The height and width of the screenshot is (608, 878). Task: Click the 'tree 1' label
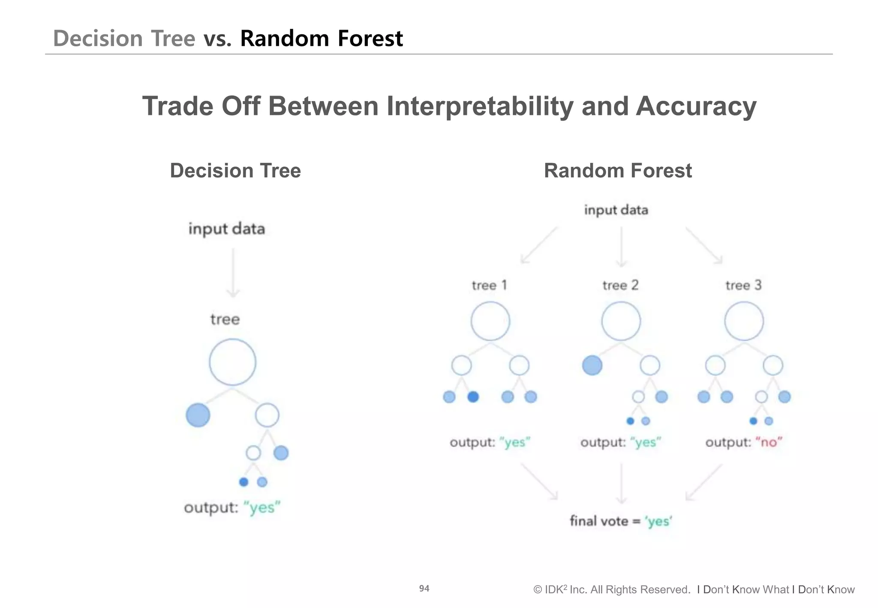pyautogui.click(x=489, y=285)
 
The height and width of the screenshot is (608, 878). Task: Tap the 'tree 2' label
pyautogui.click(x=620, y=285)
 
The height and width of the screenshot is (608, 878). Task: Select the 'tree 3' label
pyautogui.click(x=743, y=285)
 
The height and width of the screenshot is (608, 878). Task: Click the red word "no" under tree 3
pyautogui.click(x=769, y=442)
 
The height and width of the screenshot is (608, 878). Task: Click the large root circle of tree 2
pyautogui.click(x=621, y=321)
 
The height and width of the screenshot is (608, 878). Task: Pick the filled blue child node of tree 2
pyautogui.click(x=592, y=365)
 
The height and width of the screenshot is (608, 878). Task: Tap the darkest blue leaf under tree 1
pyautogui.click(x=473, y=397)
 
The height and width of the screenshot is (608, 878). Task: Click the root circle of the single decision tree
pyautogui.click(x=232, y=362)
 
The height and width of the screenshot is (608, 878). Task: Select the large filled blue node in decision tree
pyautogui.click(x=198, y=415)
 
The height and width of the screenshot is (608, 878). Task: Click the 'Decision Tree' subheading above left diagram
pyautogui.click(x=235, y=171)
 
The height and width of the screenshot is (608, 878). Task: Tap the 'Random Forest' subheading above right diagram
pyautogui.click(x=617, y=171)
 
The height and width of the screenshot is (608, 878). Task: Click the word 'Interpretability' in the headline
pyautogui.click(x=480, y=106)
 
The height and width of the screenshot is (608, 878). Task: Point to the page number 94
pyautogui.click(x=424, y=588)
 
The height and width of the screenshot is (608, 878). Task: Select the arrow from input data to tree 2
pyautogui.click(x=621, y=247)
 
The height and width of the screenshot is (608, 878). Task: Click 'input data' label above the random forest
pyautogui.click(x=616, y=210)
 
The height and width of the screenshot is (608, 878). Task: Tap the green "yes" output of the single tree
pyautogui.click(x=262, y=508)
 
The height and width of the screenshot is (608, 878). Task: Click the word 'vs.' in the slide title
pyautogui.click(x=217, y=39)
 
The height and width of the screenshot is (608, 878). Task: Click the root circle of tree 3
pyautogui.click(x=744, y=321)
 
